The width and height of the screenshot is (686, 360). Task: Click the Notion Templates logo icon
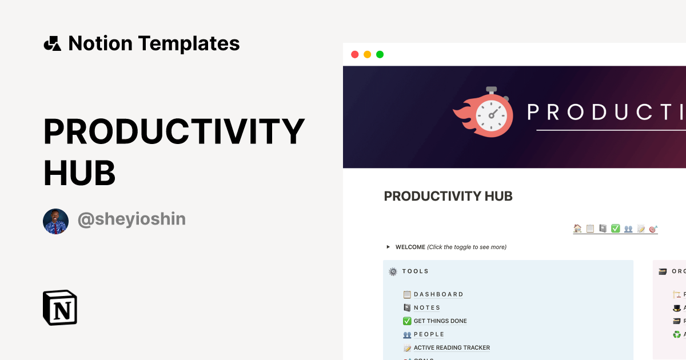click(x=52, y=43)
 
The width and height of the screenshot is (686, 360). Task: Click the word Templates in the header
click(x=189, y=43)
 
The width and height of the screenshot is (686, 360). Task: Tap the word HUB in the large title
click(x=79, y=173)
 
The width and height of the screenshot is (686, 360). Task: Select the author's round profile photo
click(x=55, y=221)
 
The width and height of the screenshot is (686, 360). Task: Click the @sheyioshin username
click(x=131, y=219)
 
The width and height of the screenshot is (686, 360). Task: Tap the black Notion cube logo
click(x=59, y=308)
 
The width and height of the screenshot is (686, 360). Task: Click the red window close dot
click(x=354, y=54)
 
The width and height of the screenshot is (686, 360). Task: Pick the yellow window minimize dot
click(x=367, y=54)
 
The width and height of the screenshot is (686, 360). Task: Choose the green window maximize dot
click(x=380, y=54)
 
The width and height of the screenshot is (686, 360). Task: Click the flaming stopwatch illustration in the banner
click(x=485, y=113)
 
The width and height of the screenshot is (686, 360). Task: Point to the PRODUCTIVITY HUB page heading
click(x=448, y=197)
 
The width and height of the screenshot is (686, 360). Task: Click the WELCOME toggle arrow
click(x=389, y=247)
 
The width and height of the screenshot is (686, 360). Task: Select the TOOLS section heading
click(x=415, y=271)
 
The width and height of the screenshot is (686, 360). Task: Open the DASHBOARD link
click(x=438, y=294)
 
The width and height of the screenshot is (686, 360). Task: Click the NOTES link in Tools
click(x=426, y=307)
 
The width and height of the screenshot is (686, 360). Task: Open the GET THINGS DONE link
click(x=440, y=321)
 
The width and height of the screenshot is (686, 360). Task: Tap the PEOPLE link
click(x=429, y=334)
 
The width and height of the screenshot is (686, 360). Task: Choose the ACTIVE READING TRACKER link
click(x=451, y=347)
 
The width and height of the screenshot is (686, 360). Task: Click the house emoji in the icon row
click(x=577, y=229)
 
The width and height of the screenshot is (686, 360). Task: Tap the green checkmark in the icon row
click(x=615, y=229)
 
